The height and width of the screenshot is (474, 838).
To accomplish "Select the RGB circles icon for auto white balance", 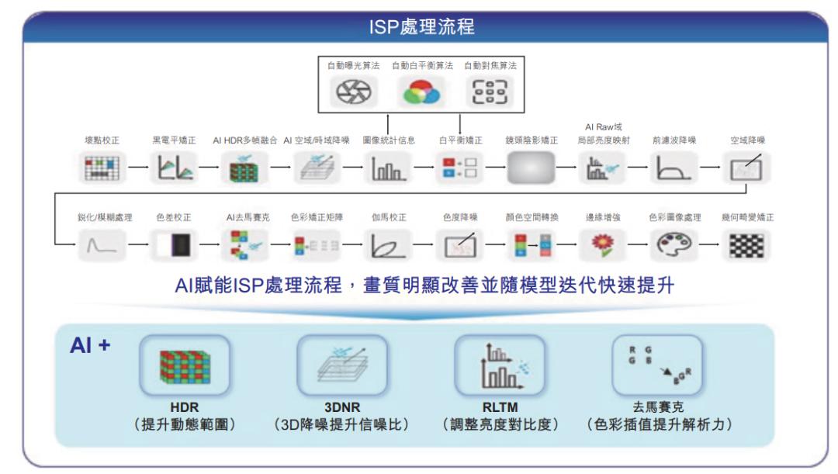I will pos(420,94).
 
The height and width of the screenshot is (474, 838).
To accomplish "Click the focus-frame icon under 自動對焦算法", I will pos(490,93).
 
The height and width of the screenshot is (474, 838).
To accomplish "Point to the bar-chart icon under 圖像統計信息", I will pos(387,168).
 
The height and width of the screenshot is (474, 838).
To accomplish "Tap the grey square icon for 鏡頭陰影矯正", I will pos(531,168).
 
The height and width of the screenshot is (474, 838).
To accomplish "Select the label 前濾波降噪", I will pos(674,140).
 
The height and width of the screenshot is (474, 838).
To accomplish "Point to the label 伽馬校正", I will pos(389,218).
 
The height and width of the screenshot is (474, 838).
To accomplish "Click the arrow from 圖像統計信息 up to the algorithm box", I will pos(388,123).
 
